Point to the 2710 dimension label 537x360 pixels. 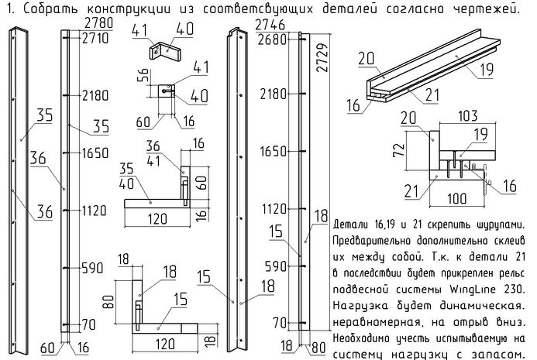click(x=93, y=38)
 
